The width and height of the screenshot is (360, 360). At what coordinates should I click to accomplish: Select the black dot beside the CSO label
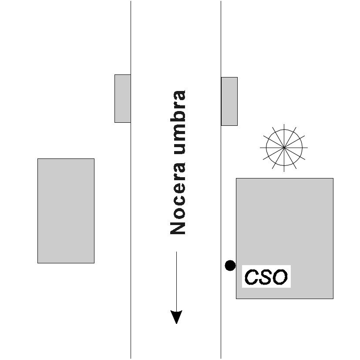click(x=230, y=265)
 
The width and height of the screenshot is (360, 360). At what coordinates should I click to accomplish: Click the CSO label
click(x=266, y=277)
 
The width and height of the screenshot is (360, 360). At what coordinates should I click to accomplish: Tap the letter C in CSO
click(x=251, y=277)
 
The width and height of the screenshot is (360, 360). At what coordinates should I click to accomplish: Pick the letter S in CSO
click(x=265, y=277)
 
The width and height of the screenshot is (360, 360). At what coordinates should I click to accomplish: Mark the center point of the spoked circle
click(x=284, y=148)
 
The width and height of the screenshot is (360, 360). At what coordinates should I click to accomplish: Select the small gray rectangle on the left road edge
click(x=122, y=98)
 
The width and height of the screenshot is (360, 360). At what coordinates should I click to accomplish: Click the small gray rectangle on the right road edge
click(x=229, y=101)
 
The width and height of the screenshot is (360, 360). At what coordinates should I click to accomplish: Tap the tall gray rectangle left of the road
click(x=66, y=211)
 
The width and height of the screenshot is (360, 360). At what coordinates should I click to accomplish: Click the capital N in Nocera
click(x=178, y=227)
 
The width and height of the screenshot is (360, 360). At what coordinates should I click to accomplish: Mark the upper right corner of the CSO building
click(x=333, y=178)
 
